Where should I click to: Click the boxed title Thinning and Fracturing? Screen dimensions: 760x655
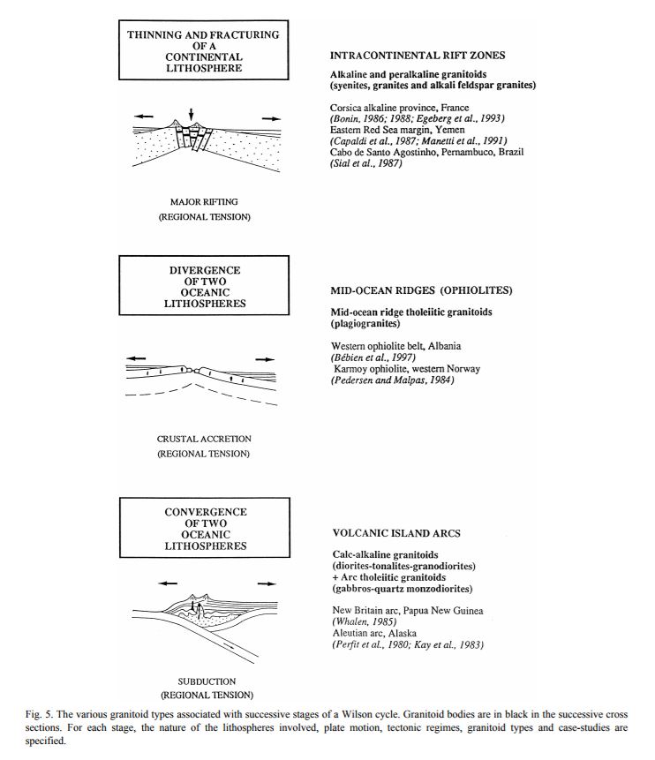coord(203,52)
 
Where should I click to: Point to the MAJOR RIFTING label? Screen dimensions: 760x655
coord(204,203)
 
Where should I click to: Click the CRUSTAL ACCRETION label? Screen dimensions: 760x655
coord(204,440)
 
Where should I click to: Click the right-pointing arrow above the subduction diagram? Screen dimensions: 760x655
coord(263,583)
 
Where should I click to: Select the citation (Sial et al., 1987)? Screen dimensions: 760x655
coord(365,162)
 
